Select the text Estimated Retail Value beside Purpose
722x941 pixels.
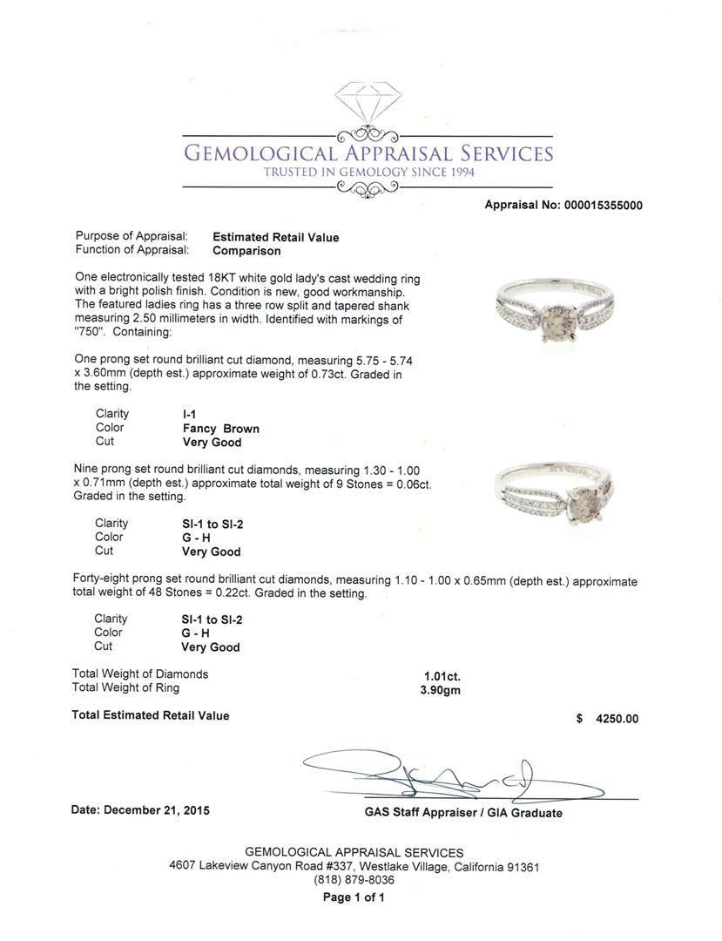pyautogui.click(x=275, y=237)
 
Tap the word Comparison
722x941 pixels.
pyautogui.click(x=246, y=251)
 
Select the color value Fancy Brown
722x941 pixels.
pyautogui.click(x=220, y=429)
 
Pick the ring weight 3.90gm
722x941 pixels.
pyautogui.click(x=440, y=689)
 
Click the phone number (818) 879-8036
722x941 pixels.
pyautogui.click(x=354, y=881)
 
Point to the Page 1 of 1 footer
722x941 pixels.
pyautogui.click(x=354, y=897)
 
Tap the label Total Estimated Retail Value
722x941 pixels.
pyautogui.click(x=151, y=715)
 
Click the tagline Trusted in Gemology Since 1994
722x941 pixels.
pyautogui.click(x=368, y=173)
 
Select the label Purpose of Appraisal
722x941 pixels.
pyautogui.click(x=132, y=237)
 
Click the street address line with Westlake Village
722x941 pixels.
pyautogui.click(x=354, y=867)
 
